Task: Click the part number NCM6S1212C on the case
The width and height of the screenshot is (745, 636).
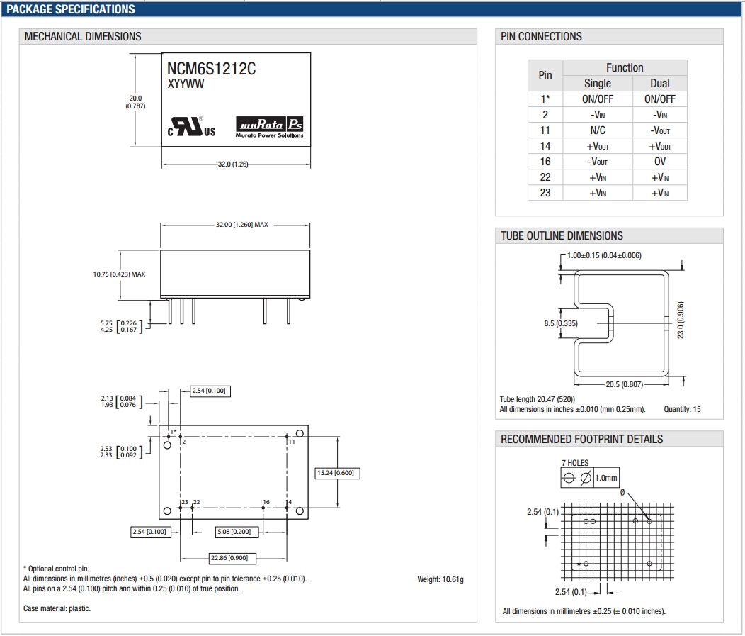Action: point(211,69)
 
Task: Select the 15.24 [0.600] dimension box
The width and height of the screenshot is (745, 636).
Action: point(335,473)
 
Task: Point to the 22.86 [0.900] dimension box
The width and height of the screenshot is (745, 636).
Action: point(233,558)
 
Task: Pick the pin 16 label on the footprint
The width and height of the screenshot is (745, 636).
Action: point(266,503)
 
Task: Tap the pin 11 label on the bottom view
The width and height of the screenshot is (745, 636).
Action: point(291,442)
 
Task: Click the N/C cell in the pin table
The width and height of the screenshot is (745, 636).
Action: point(598,130)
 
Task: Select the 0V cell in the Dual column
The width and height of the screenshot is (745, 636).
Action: point(660,162)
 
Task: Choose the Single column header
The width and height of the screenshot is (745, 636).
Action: point(598,84)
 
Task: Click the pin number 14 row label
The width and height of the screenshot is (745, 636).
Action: point(545,146)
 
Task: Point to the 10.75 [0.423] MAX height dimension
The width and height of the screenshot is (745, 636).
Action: point(119,274)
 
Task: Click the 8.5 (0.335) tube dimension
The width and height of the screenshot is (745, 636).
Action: point(561,323)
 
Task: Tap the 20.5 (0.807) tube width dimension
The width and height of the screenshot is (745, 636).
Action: point(624,385)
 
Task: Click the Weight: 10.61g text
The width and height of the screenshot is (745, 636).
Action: point(440,580)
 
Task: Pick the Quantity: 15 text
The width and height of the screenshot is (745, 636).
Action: point(682,409)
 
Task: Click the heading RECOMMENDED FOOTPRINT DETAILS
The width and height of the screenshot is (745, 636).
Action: point(581,440)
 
